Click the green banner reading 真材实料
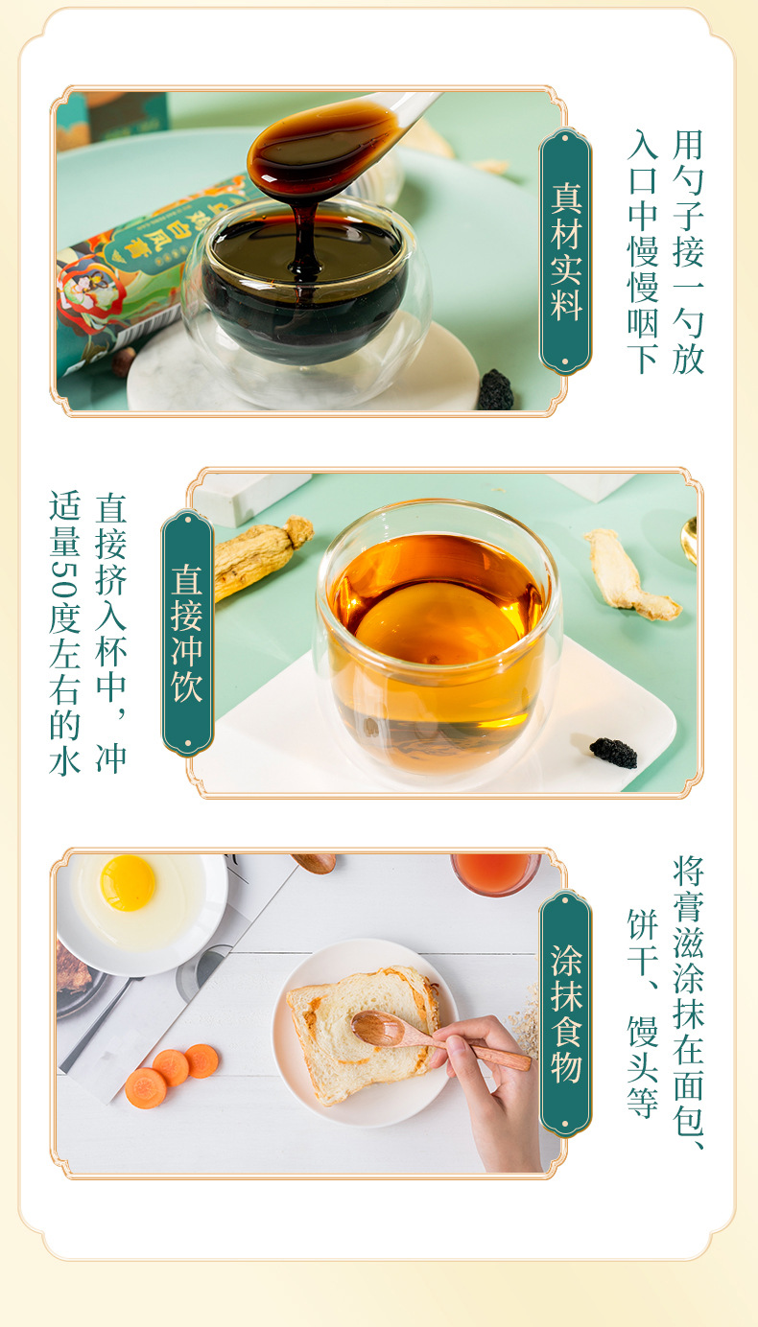point(565,251)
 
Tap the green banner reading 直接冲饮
point(187,633)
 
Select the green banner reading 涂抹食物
point(565,1013)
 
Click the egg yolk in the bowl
point(128,882)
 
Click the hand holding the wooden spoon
point(494,1083)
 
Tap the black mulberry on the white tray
point(613,753)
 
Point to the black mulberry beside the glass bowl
point(495,390)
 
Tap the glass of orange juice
point(495,872)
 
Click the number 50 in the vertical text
point(64,585)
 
